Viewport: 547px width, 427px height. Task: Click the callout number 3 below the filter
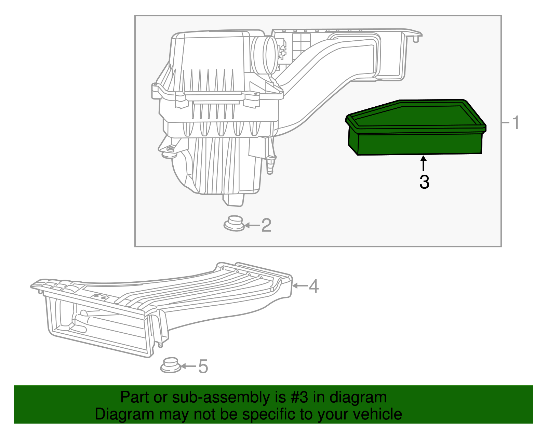click(424, 182)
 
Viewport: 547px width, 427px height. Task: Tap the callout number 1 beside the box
click(516, 122)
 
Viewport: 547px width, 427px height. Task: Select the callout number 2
click(266, 225)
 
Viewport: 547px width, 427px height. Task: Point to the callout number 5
click(203, 366)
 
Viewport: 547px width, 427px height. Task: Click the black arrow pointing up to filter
click(424, 163)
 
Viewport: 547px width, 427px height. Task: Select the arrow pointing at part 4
click(299, 285)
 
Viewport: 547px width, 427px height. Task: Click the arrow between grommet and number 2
click(252, 225)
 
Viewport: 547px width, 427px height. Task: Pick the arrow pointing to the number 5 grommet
click(188, 366)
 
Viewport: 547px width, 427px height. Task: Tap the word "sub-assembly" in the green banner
click(221, 397)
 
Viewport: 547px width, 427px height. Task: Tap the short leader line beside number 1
click(506, 122)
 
